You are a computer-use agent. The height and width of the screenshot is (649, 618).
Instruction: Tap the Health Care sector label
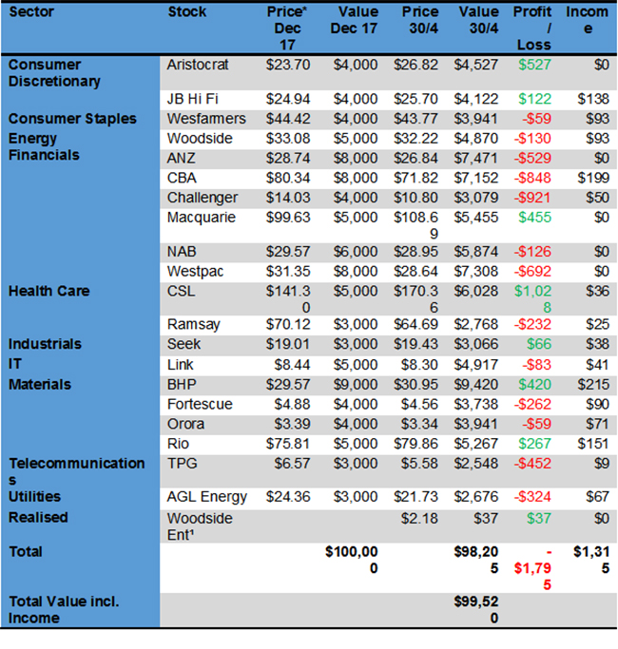(x=48, y=290)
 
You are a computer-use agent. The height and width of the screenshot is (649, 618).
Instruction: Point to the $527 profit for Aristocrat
(x=532, y=65)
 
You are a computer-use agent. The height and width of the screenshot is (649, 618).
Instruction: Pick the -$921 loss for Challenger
(x=532, y=198)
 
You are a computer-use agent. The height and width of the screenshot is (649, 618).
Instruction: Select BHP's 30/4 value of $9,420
(x=477, y=385)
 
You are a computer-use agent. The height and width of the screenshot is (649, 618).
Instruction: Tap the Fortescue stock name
(x=199, y=404)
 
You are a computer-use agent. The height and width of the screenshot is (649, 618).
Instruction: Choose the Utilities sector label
(x=34, y=496)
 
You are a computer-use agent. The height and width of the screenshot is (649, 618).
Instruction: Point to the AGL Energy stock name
(x=206, y=496)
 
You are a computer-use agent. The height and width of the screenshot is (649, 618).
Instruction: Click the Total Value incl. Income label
(x=62, y=609)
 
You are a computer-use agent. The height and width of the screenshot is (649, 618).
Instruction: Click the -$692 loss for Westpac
(x=532, y=271)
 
